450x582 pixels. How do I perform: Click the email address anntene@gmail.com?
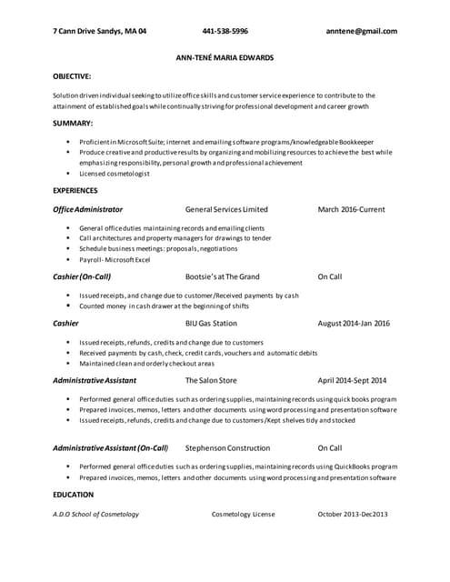tap(361, 31)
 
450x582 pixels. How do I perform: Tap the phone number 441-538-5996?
tap(225, 31)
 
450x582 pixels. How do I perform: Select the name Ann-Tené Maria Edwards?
tap(225, 57)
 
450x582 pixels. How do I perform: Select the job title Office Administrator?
tap(87, 209)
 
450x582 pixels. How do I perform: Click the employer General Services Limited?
tap(226, 209)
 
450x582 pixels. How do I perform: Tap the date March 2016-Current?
tap(351, 209)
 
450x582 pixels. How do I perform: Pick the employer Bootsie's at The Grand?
tap(222, 276)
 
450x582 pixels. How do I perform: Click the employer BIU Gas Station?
tap(211, 323)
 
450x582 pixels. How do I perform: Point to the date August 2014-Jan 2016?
tap(354, 323)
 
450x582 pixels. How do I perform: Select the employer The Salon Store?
tap(211, 380)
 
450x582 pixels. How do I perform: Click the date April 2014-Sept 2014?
tap(352, 380)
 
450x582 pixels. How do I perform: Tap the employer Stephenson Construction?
tap(227, 447)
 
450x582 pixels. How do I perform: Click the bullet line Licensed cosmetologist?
tap(115, 173)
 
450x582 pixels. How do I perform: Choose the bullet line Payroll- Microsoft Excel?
tap(115, 259)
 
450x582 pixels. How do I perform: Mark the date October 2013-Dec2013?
tap(353, 515)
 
